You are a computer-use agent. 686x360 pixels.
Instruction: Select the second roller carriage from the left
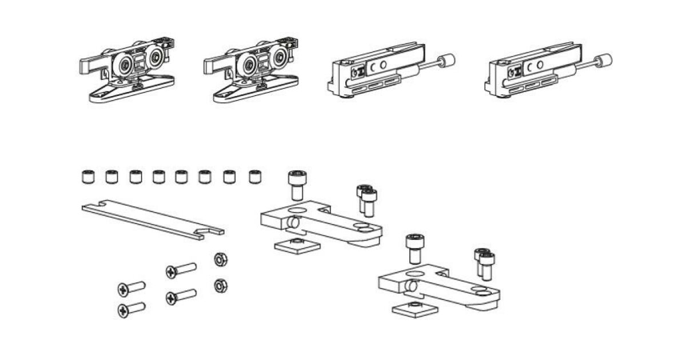(x=252, y=71)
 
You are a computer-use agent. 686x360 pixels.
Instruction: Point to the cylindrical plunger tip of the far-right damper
(x=603, y=59)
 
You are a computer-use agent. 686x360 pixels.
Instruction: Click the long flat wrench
(x=151, y=220)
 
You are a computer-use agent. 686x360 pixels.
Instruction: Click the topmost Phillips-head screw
(x=181, y=269)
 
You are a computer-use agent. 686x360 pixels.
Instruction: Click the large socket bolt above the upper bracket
(x=296, y=185)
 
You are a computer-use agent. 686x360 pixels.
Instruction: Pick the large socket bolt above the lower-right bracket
(x=413, y=247)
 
